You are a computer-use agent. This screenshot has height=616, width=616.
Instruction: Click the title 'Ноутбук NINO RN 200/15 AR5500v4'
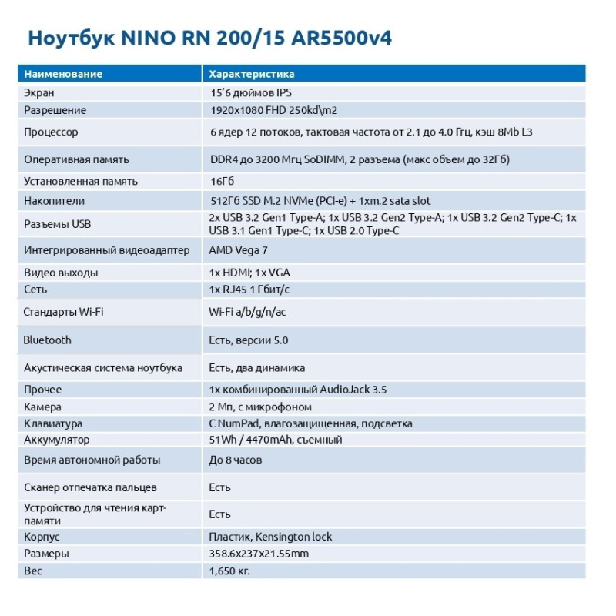point(209,38)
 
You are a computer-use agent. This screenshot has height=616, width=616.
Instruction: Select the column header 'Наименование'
point(63,75)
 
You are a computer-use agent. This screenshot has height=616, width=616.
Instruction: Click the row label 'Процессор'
point(51,132)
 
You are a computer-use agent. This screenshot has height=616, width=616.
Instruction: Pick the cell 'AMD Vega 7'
point(239,251)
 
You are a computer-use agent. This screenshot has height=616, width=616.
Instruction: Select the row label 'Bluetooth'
point(48,340)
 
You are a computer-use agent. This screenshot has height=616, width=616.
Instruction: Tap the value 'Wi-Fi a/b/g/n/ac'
point(248,312)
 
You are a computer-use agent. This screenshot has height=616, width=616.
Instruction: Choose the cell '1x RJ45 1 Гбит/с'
point(249,290)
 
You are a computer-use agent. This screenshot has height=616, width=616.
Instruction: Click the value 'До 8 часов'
point(236,460)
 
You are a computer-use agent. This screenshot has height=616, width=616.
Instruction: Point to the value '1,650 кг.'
point(229,571)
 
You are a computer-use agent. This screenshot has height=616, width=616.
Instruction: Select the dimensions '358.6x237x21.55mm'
point(259,554)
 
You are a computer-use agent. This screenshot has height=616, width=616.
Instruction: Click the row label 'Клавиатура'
point(53,423)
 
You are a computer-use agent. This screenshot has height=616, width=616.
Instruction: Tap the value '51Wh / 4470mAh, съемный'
point(276,440)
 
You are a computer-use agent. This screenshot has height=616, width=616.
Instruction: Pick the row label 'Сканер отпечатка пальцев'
point(90,487)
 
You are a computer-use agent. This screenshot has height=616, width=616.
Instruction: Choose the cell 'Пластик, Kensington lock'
point(271,537)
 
